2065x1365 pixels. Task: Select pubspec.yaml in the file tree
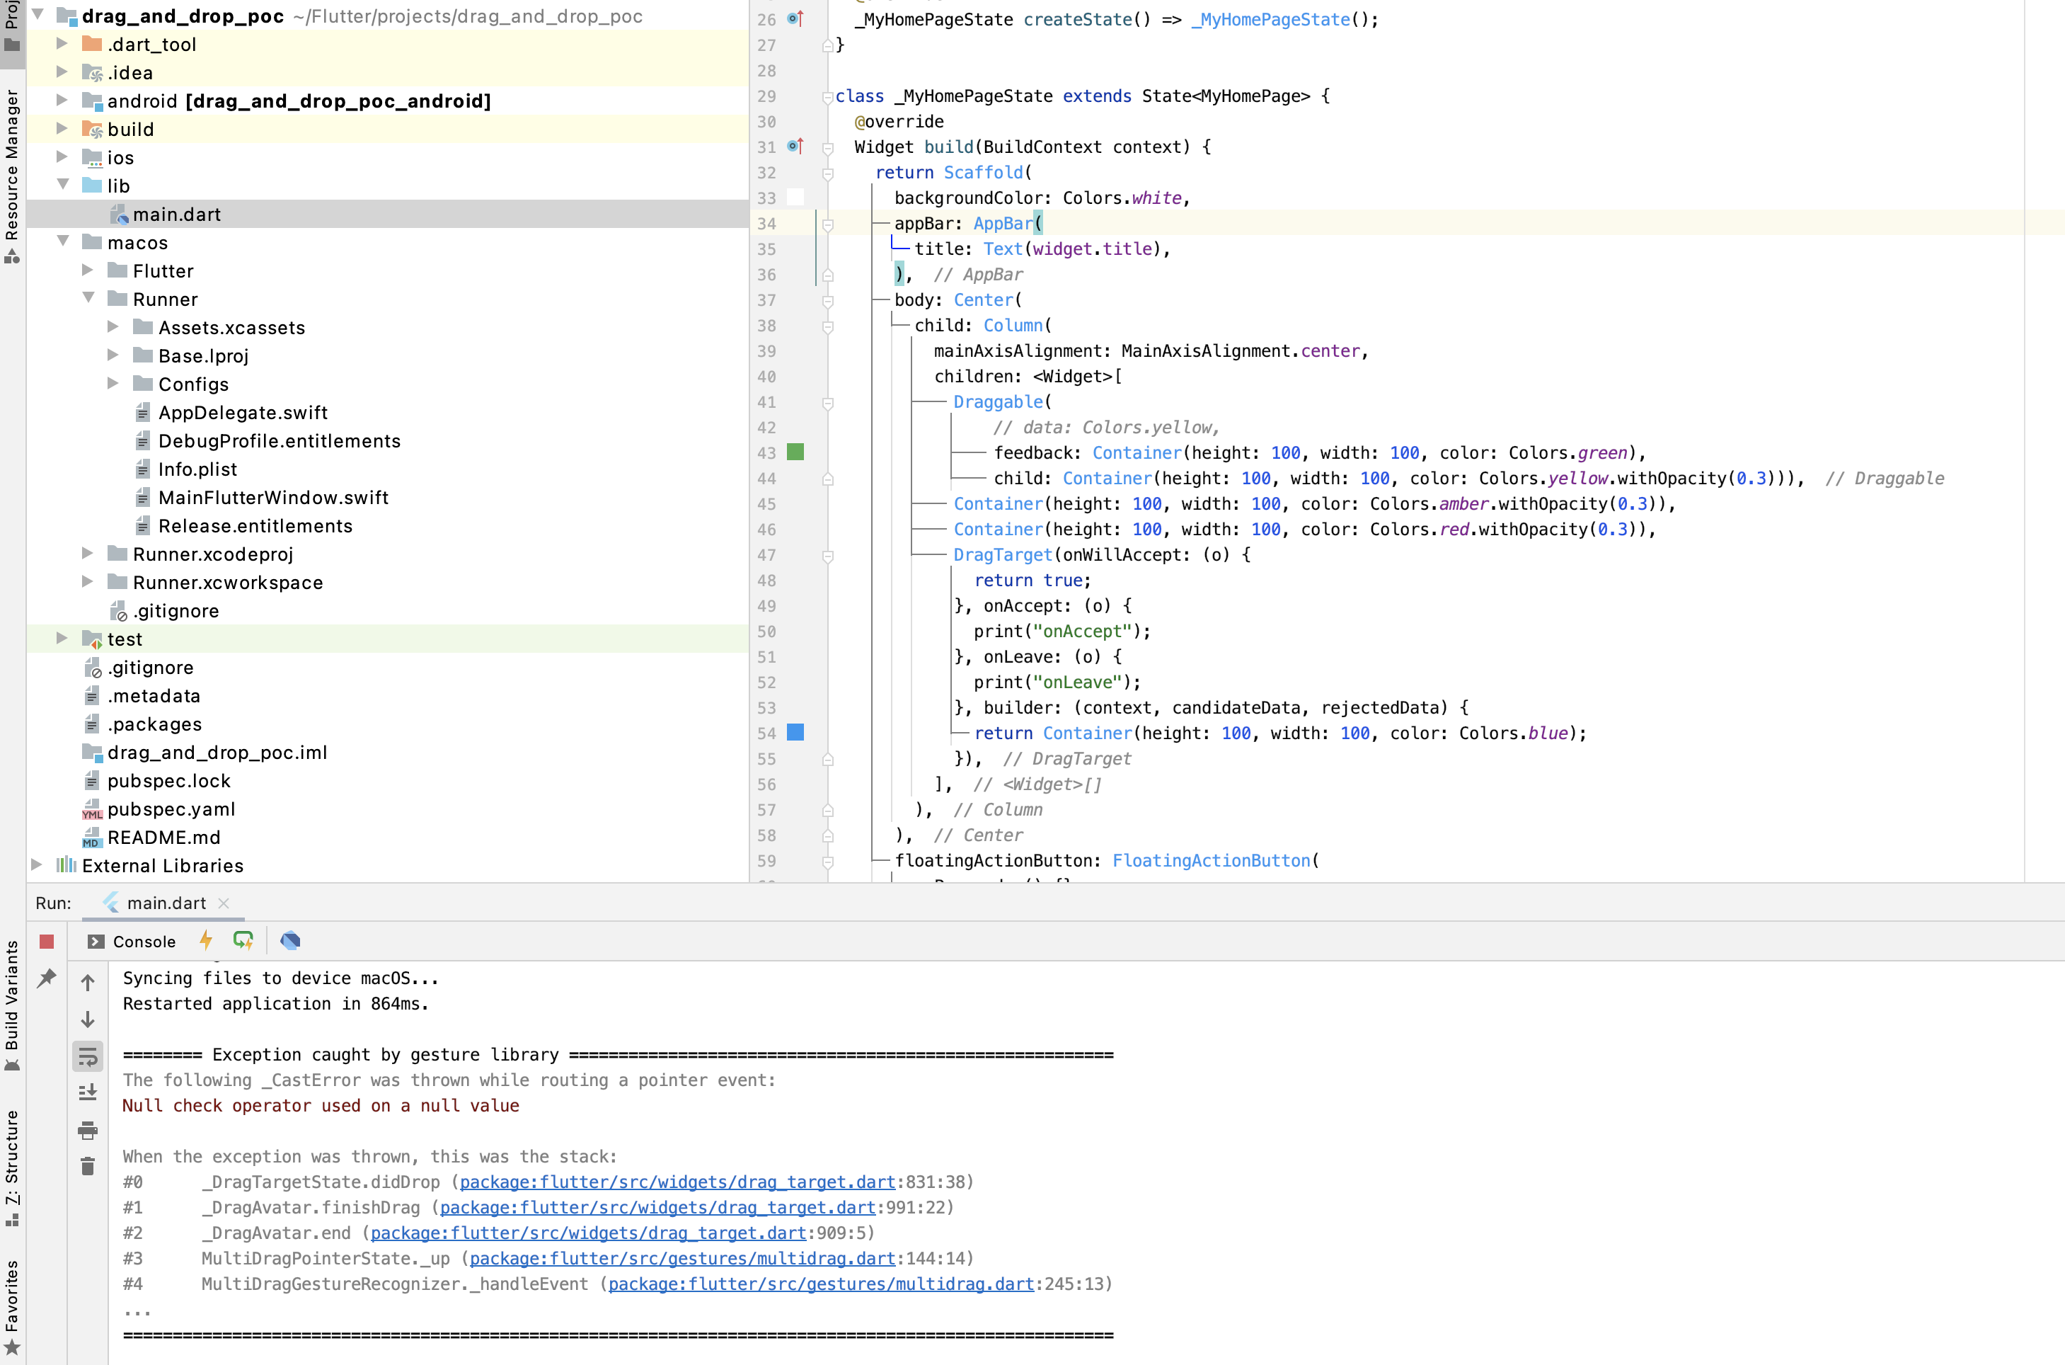click(171, 809)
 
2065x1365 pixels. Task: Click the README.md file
click(163, 838)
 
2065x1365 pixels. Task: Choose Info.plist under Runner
click(197, 469)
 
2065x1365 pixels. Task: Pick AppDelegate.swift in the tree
click(243, 413)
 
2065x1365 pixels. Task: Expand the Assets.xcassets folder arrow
click(113, 327)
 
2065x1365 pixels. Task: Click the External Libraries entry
click(162, 865)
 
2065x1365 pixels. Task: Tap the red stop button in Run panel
click(47, 941)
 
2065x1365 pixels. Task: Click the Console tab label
click(144, 941)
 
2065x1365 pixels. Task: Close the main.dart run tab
click(224, 903)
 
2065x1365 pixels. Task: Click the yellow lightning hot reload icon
click(206, 940)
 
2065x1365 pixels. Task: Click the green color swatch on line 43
click(795, 452)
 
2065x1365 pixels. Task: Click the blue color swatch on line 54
click(795, 732)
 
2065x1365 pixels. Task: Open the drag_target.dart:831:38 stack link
click(677, 1182)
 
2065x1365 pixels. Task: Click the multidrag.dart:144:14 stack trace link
click(682, 1258)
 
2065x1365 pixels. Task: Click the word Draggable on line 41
click(997, 401)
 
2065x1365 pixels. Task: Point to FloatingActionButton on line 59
click(1210, 860)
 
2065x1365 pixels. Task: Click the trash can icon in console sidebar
click(88, 1167)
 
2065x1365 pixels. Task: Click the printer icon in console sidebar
click(88, 1130)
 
